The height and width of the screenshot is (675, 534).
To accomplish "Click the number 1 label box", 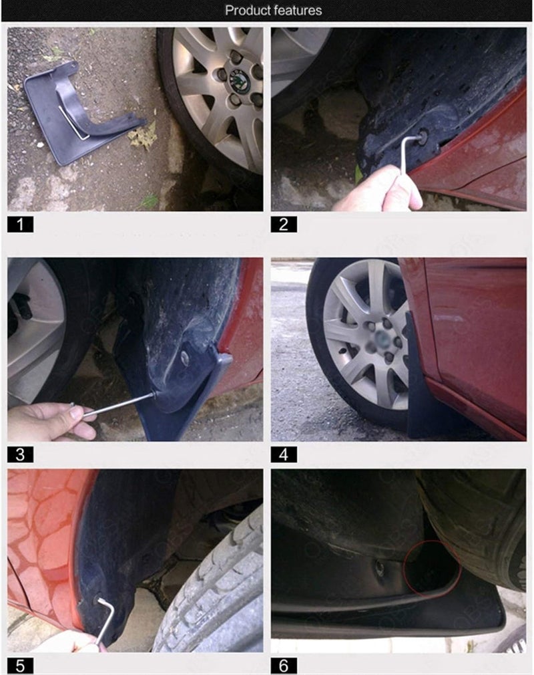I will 20,224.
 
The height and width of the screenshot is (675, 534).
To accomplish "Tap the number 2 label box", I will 284,224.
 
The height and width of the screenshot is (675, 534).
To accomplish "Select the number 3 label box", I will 20,455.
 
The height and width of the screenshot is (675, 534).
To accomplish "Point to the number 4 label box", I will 284,455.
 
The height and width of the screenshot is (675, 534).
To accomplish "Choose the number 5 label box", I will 20,666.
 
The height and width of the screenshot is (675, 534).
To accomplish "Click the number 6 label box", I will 284,666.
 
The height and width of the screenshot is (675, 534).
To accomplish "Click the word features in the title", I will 296,10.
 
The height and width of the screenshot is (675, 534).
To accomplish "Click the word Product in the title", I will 246,10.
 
